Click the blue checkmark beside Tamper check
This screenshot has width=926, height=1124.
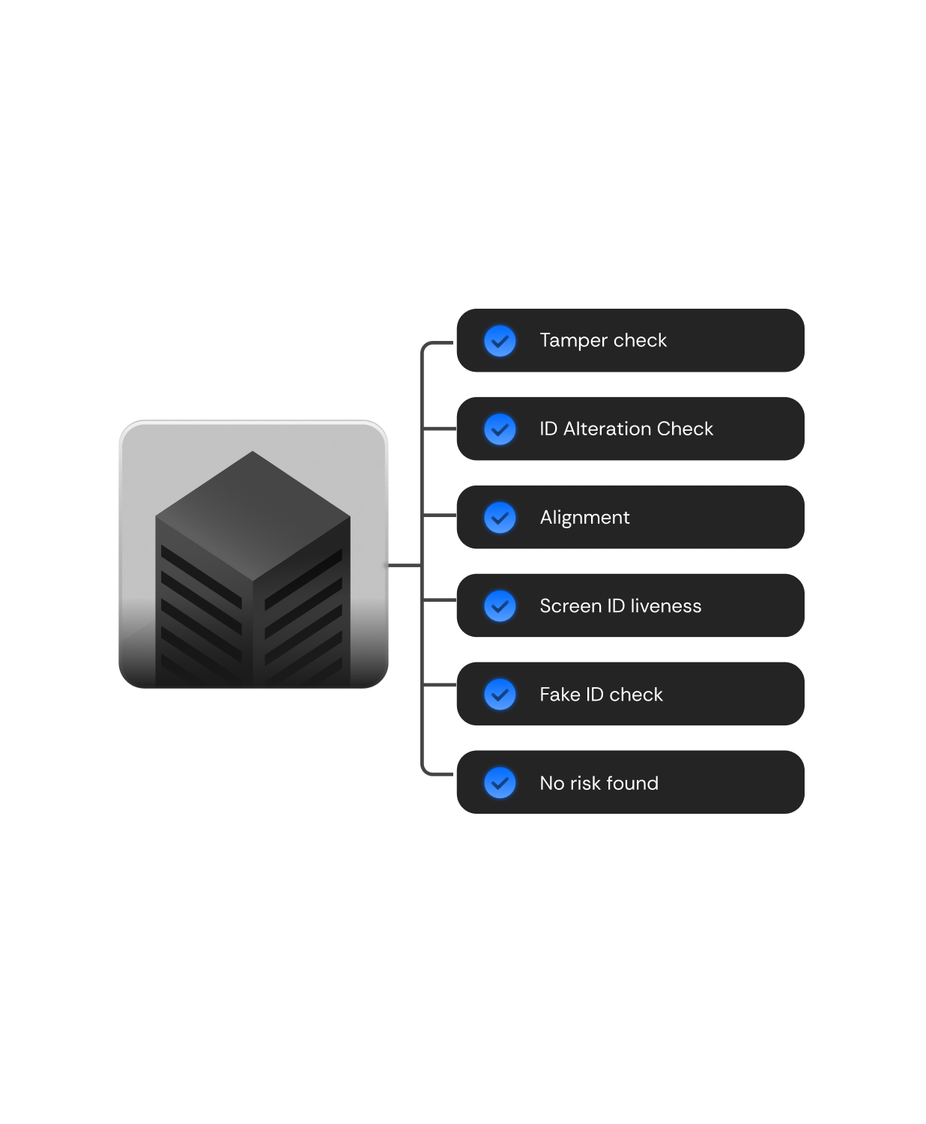coord(500,341)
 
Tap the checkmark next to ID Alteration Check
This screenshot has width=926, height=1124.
coord(500,429)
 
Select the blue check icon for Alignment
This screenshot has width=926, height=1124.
coord(500,517)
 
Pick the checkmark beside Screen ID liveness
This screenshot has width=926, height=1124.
coord(500,605)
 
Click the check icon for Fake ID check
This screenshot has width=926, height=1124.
coord(500,695)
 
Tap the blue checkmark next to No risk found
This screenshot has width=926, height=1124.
coord(500,783)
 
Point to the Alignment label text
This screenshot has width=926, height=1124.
coord(584,518)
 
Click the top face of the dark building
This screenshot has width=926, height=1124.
coord(252,516)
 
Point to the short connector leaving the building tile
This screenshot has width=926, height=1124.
coord(405,565)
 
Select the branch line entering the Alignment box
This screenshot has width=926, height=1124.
coord(439,516)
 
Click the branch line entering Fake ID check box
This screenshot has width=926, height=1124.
coord(439,685)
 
